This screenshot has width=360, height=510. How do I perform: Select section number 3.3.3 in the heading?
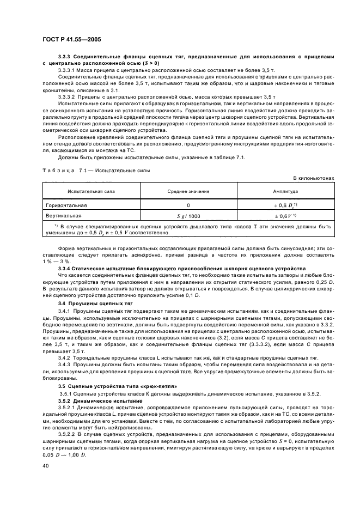tap(65, 57)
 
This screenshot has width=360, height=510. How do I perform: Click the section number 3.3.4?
tap(65, 269)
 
